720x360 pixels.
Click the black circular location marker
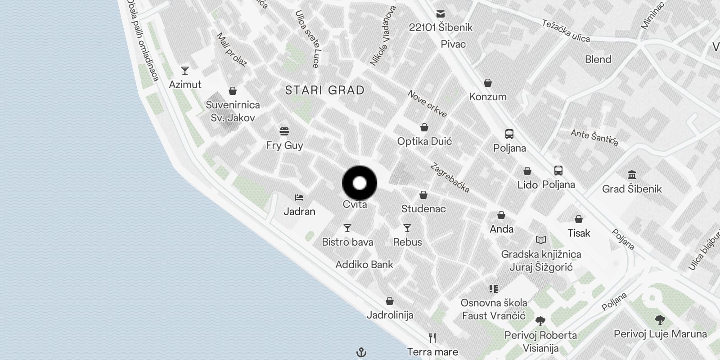point(360,183)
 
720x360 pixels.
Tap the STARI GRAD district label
point(324,90)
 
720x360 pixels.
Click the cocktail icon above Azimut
point(185,71)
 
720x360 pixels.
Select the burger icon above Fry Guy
point(284,131)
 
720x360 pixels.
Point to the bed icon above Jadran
point(299,198)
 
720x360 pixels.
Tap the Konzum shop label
point(488,97)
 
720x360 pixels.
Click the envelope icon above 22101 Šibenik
point(440,14)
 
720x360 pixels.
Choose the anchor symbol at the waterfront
point(361,352)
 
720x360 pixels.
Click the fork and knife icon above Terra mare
point(432,338)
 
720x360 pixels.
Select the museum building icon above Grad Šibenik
point(631,175)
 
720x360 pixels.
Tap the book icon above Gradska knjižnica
point(541,240)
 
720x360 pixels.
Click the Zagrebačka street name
point(450,178)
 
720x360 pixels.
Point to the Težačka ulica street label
point(566,31)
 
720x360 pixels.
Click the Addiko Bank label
point(364,265)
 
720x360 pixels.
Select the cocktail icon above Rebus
point(407,228)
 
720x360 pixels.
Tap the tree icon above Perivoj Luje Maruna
point(660,320)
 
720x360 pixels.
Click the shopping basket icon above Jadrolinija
point(390,301)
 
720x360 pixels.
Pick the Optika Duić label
point(424,141)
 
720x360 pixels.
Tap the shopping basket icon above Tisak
point(579,219)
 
